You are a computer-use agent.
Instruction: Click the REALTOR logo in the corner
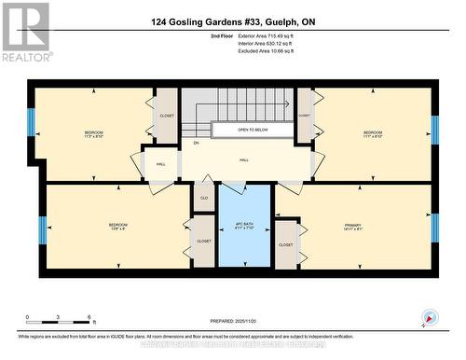[x=25, y=32]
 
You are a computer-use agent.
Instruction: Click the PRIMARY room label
[x=352, y=224]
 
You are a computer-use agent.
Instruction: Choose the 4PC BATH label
[x=243, y=225]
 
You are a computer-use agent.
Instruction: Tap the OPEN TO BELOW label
[x=254, y=131]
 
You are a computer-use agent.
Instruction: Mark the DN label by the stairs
[x=196, y=143]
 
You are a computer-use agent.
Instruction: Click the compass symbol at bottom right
[x=429, y=317]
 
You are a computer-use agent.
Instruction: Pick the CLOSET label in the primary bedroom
[x=285, y=244]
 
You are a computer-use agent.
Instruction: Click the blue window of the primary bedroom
[x=434, y=228]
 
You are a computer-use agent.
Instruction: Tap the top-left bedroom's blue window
[x=31, y=121]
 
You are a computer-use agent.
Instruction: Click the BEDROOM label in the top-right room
[x=373, y=132]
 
